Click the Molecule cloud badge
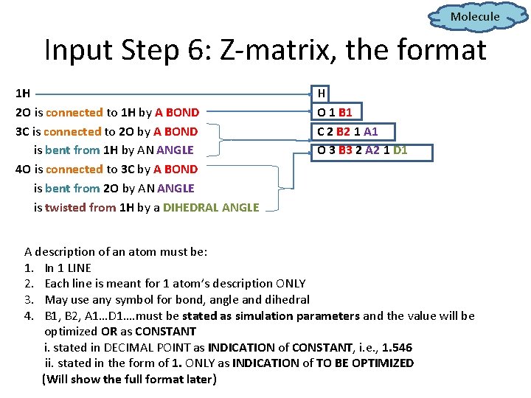[x=474, y=16]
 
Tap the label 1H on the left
[x=23, y=94]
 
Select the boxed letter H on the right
[x=322, y=94]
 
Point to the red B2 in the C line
[x=343, y=132]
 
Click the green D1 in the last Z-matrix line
[x=400, y=151]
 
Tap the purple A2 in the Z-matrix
[x=372, y=151]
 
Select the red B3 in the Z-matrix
[x=343, y=151]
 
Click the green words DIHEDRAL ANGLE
[x=211, y=208]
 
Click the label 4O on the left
[x=23, y=170]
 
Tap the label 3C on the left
[x=23, y=132]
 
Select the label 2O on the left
[x=23, y=113]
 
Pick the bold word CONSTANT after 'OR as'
[x=167, y=332]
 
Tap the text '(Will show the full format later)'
[x=129, y=380]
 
